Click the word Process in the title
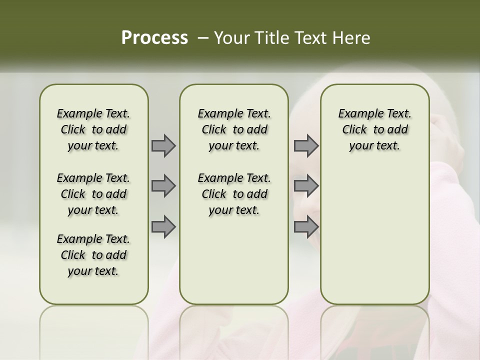point(154,37)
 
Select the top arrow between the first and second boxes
point(163,145)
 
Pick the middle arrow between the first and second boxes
point(163,186)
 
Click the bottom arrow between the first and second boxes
point(163,227)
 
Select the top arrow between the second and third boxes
point(306,145)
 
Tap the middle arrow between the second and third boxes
point(306,186)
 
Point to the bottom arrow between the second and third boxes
point(306,227)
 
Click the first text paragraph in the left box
point(93,129)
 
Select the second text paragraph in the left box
point(93,194)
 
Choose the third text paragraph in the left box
point(93,255)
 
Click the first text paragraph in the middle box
point(234,129)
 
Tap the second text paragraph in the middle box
point(234,194)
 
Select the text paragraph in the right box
point(374,129)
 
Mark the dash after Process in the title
point(202,37)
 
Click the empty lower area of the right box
point(374,235)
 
